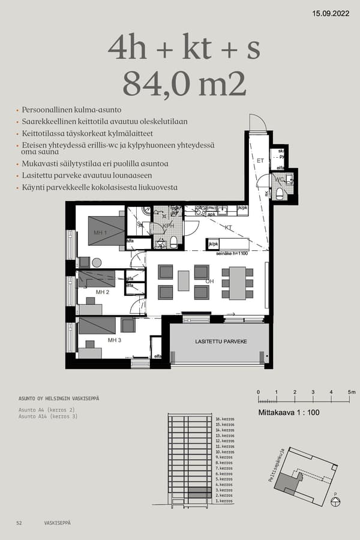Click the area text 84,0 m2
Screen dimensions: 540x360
pyautogui.click(x=184, y=84)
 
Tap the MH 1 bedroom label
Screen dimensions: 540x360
pyautogui.click(x=100, y=232)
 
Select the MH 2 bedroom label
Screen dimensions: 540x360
pyautogui.click(x=103, y=292)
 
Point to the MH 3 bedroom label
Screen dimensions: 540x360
pyautogui.click(x=115, y=340)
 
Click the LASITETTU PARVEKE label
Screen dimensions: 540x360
pyautogui.click(x=221, y=341)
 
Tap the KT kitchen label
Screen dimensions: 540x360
pyautogui.click(x=228, y=228)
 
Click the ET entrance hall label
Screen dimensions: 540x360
pyautogui.click(x=260, y=161)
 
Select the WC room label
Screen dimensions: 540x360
pyautogui.click(x=278, y=179)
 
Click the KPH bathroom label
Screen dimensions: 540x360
pyautogui.click(x=160, y=226)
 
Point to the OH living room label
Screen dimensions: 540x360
pyautogui.click(x=209, y=281)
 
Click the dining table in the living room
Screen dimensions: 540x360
pyautogui.click(x=236, y=283)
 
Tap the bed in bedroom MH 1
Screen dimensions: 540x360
pyautogui.click(x=106, y=230)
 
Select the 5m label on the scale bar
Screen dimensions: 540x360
pyautogui.click(x=352, y=392)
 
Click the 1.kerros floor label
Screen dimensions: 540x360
pyautogui.click(x=223, y=501)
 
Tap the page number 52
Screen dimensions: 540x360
pyautogui.click(x=19, y=523)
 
